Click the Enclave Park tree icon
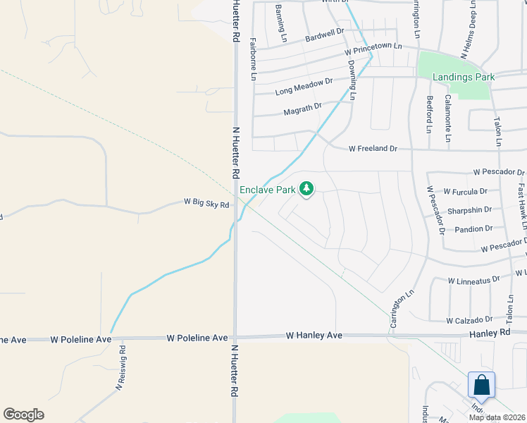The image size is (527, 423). click(x=306, y=189)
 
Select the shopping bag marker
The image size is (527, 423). click(x=481, y=386)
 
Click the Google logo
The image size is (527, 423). click(x=23, y=415)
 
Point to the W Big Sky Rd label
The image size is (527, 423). click(x=206, y=203)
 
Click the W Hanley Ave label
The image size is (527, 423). click(x=314, y=336)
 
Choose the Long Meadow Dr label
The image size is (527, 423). click(x=304, y=87)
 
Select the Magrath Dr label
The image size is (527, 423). click(x=302, y=109)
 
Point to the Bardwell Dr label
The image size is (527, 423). click(x=324, y=35)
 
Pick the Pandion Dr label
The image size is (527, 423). click(x=473, y=229)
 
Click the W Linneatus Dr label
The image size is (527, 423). click(x=474, y=279)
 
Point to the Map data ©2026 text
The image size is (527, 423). click(x=496, y=417)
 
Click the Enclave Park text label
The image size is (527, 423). click(x=267, y=190)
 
